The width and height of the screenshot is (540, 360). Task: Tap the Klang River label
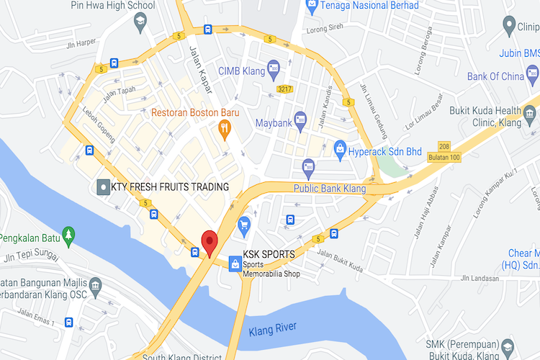pos(272,329)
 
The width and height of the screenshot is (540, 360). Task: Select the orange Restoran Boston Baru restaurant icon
pos(224,130)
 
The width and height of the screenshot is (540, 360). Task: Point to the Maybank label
pos(274,123)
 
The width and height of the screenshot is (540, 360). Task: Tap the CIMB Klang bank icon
pos(273,68)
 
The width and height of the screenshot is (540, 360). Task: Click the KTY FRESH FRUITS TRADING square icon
pos(103,187)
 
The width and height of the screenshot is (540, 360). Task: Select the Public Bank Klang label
pos(330,189)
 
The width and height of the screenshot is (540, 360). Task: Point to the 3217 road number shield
pos(285,89)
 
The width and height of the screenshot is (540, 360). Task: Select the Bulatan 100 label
pos(442,157)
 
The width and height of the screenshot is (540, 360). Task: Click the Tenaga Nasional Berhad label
pos(363,6)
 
